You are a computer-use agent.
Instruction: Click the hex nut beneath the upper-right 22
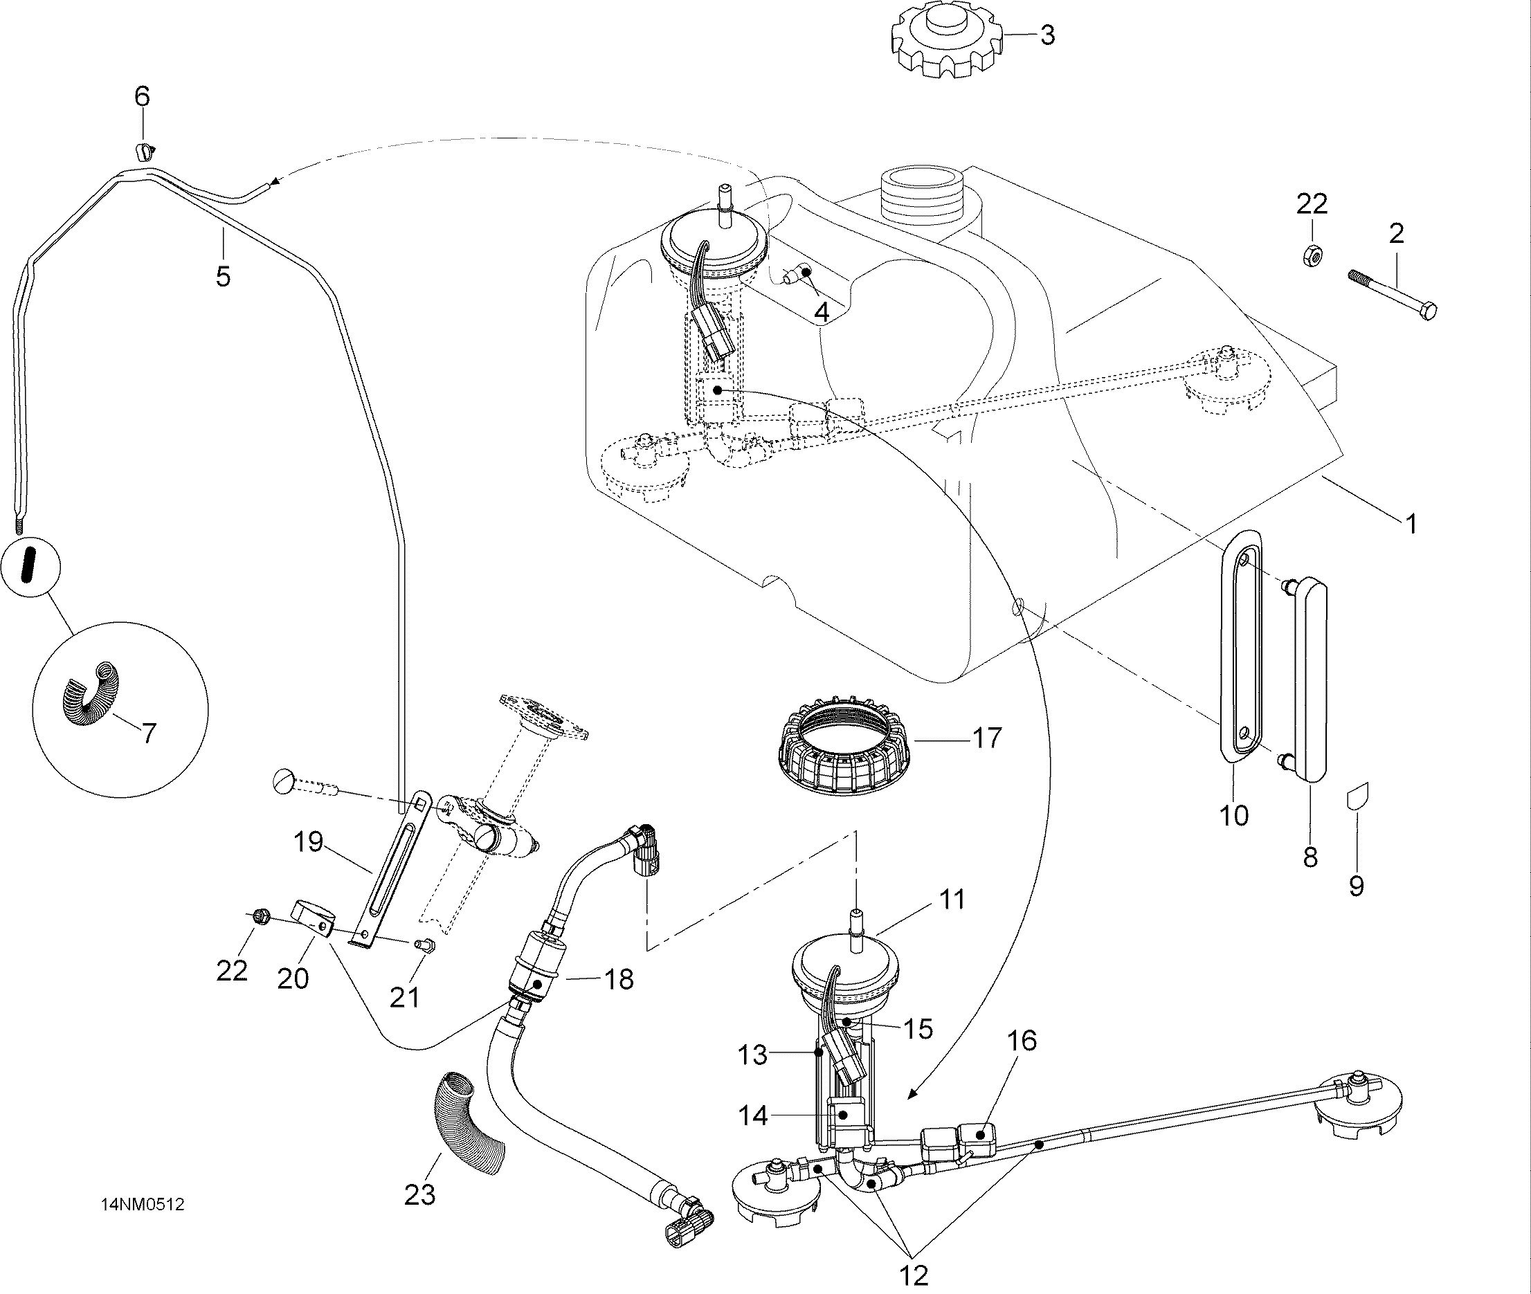point(1311,255)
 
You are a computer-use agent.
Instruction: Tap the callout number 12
point(914,1274)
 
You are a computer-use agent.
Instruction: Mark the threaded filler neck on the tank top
point(921,197)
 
